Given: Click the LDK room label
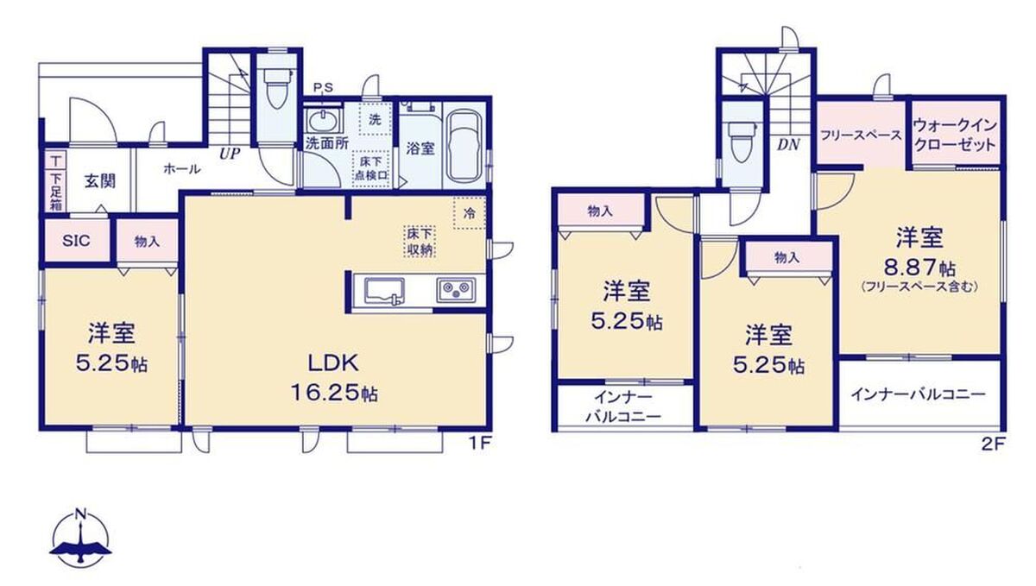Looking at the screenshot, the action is tap(333, 363).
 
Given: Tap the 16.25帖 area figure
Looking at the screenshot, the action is tap(334, 394).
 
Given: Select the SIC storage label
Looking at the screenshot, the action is tap(76, 241).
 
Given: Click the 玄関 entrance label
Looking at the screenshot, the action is tap(99, 181).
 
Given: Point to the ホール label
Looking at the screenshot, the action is tap(182, 169).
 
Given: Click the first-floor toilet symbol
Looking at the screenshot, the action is tap(276, 88).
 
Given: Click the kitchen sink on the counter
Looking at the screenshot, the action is tap(384, 291).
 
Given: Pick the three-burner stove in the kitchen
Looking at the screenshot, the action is tap(456, 291).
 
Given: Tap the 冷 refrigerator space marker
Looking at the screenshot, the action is tap(469, 213).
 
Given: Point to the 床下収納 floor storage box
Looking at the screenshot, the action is tap(420, 242).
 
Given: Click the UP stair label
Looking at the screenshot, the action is tap(230, 154).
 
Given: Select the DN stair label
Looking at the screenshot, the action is tap(788, 145).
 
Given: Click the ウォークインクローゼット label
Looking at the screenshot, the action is tap(955, 135).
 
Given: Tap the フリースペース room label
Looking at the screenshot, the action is tap(861, 135).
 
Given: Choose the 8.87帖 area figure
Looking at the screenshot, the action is tap(919, 268).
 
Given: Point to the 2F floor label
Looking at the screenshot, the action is tap(993, 444).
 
